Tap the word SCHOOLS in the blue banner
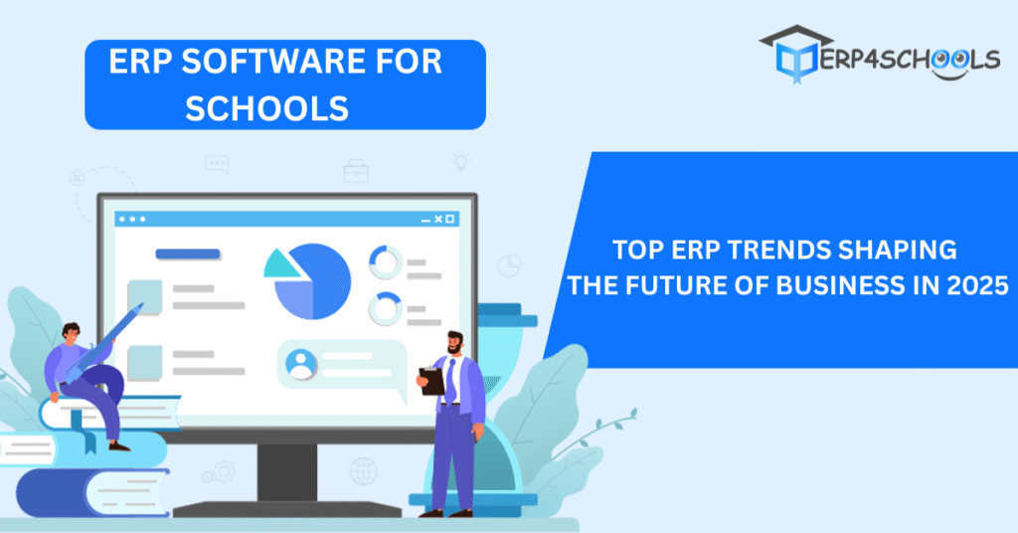click(266, 107)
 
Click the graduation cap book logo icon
click(796, 55)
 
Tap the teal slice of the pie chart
click(281, 265)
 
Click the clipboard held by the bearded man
click(431, 381)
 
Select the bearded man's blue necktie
click(450, 381)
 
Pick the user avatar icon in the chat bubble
click(302, 365)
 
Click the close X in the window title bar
click(438, 220)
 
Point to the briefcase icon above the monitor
click(356, 171)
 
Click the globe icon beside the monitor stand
click(364, 471)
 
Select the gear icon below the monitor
click(223, 471)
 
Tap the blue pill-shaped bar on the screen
click(188, 254)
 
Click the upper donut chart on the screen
click(386, 262)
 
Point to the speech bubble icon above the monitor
click(217, 164)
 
